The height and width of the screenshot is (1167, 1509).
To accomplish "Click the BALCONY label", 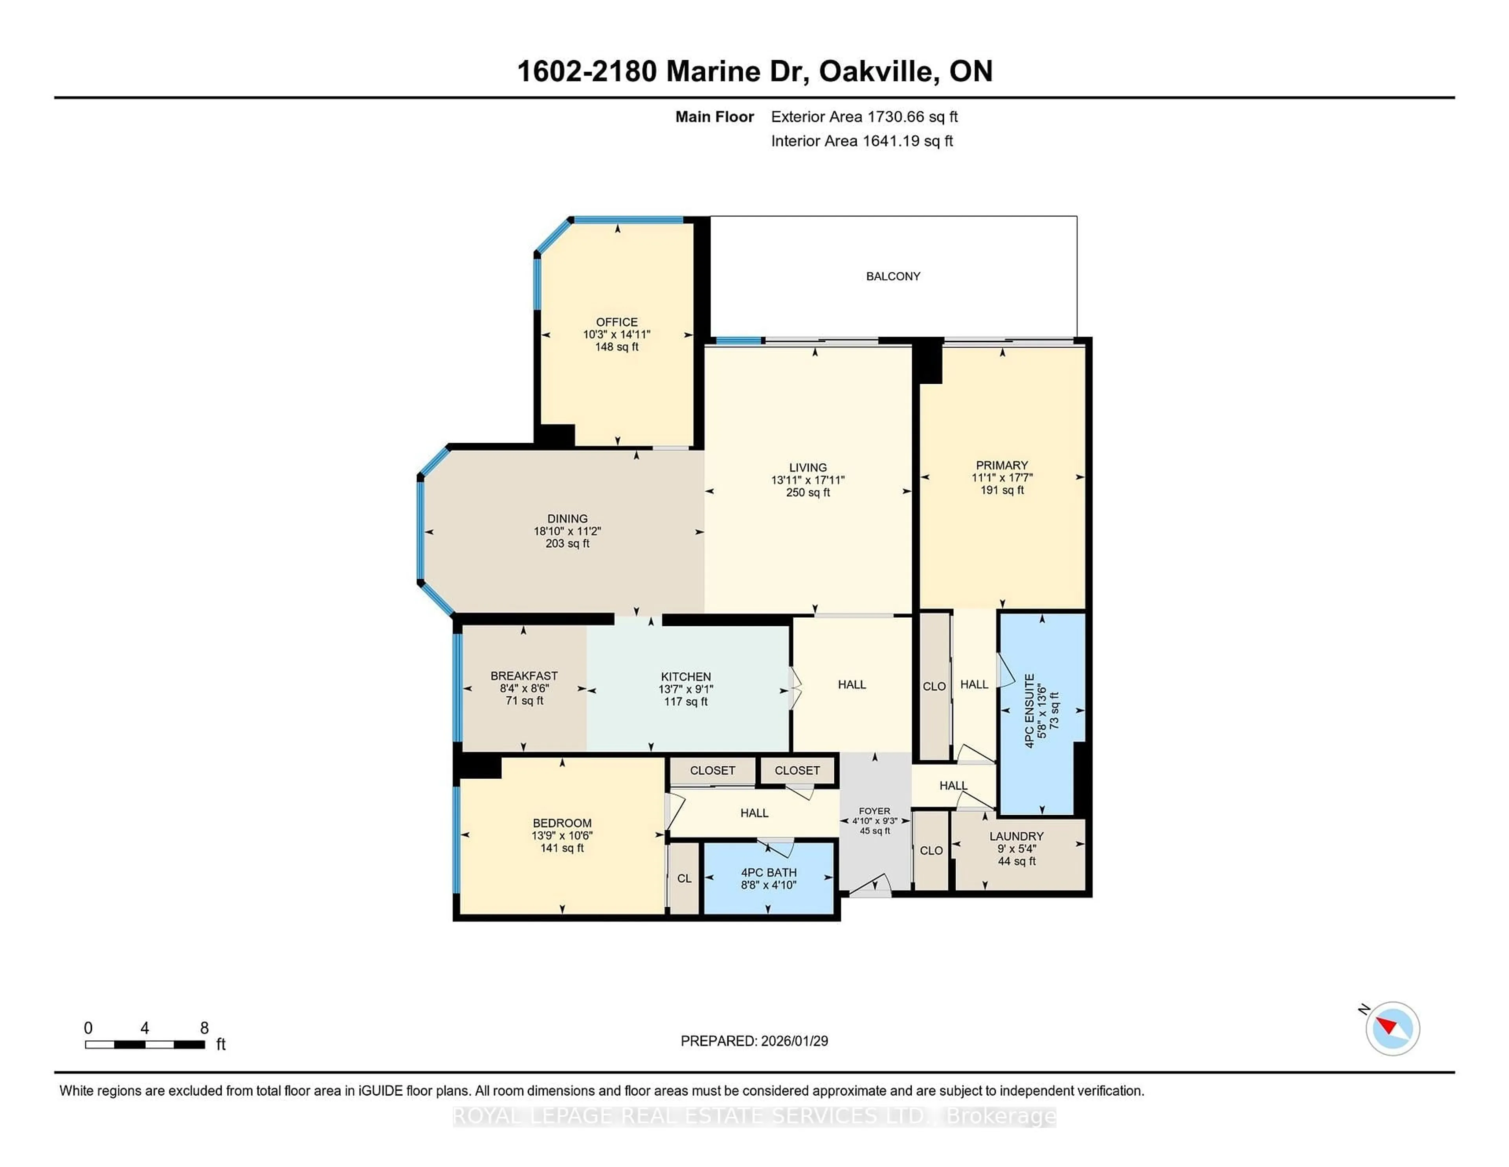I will tap(893, 276).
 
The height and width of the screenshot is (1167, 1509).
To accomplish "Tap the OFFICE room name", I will tap(616, 322).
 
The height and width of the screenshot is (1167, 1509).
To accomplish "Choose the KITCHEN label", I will tap(685, 677).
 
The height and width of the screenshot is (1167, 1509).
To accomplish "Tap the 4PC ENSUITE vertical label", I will tap(1030, 711).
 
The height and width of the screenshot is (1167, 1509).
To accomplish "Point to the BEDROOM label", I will tap(562, 823).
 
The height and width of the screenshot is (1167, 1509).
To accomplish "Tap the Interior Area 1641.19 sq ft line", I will tap(862, 141).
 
